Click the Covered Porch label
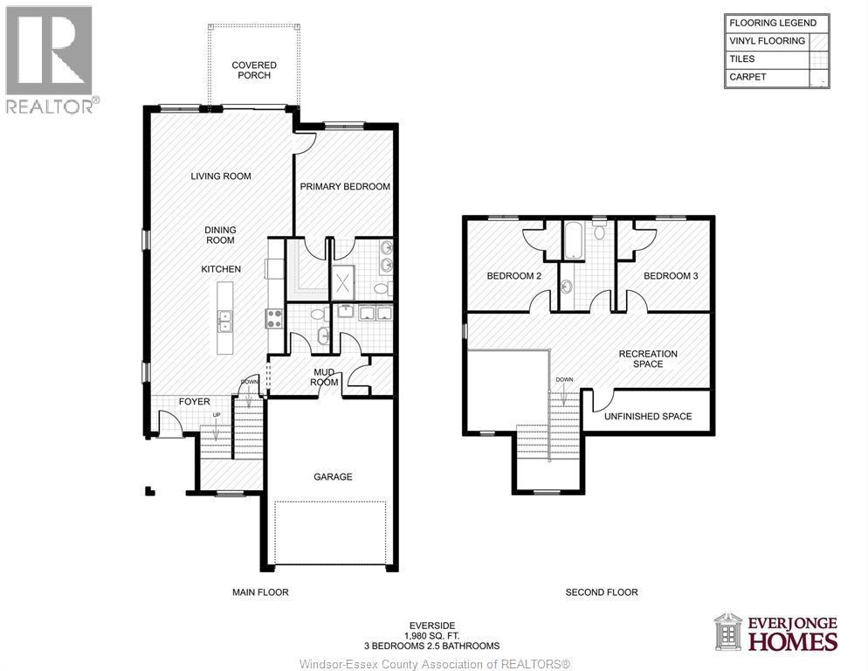point(254,70)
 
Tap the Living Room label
point(221,176)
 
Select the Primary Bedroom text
point(345,186)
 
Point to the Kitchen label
point(221,269)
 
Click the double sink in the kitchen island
point(225,322)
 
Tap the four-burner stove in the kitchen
point(274,318)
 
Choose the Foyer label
point(195,402)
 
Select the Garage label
point(333,477)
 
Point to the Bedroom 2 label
point(514,276)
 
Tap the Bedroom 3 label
point(671,276)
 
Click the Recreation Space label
point(648,358)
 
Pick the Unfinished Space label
point(648,416)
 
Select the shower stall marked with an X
point(344,283)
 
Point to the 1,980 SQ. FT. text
point(434,635)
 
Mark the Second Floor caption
point(602,592)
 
